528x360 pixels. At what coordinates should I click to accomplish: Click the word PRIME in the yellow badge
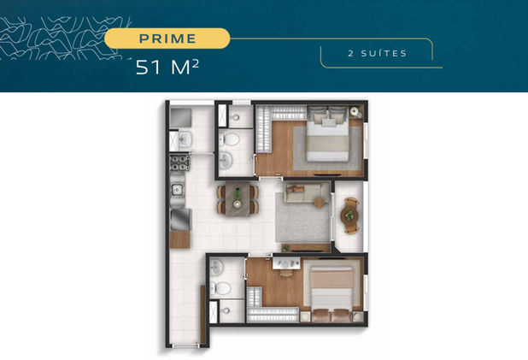tap(167, 38)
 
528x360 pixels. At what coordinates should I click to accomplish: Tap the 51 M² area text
tap(167, 67)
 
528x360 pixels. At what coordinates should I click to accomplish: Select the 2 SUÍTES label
tap(377, 53)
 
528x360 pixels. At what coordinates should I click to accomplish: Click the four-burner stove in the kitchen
tap(179, 162)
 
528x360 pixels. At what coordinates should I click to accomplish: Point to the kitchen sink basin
tap(177, 190)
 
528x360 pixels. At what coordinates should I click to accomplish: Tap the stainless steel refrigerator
tap(181, 220)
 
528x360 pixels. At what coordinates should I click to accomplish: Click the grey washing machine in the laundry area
tap(180, 118)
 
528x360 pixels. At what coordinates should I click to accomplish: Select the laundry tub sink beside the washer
tap(185, 139)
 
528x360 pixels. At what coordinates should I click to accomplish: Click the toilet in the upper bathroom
tap(229, 139)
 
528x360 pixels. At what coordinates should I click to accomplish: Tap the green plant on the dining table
tap(238, 193)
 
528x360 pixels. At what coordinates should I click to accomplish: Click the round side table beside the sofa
tap(319, 203)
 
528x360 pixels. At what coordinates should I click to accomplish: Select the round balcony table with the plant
tap(349, 215)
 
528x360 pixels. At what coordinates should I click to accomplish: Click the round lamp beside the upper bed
tap(354, 111)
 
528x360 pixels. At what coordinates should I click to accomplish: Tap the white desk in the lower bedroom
tap(286, 263)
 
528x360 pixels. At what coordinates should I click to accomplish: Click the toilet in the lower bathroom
tap(220, 288)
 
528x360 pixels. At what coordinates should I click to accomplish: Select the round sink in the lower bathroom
tap(216, 268)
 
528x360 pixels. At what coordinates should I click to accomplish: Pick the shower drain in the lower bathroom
tap(226, 310)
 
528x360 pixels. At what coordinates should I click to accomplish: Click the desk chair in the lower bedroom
tap(286, 273)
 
